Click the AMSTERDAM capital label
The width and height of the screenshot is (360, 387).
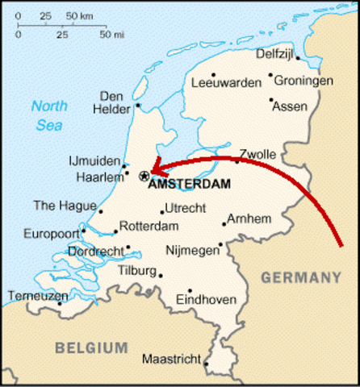(x=190, y=184)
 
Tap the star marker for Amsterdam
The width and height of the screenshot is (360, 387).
(x=144, y=175)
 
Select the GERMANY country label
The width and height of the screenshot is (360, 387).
(x=301, y=278)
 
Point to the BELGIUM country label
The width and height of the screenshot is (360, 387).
(x=91, y=348)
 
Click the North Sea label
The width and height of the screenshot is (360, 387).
(x=49, y=114)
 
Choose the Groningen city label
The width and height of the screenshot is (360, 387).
(x=303, y=81)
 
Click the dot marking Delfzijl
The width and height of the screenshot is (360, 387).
(x=297, y=59)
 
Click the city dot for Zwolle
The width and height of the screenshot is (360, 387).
(x=237, y=161)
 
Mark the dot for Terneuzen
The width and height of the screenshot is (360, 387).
(x=59, y=303)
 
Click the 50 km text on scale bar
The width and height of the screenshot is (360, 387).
(x=78, y=16)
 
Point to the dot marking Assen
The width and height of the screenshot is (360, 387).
(x=270, y=101)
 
